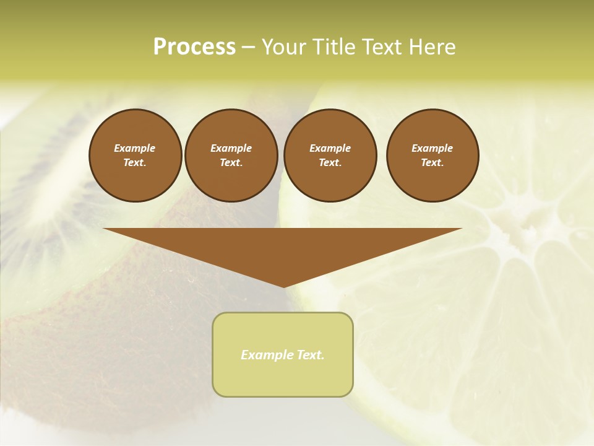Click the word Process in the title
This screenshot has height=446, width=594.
pyautogui.click(x=194, y=46)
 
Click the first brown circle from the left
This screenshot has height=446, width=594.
pyautogui.click(x=135, y=155)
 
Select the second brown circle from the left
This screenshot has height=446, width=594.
pyautogui.click(x=231, y=155)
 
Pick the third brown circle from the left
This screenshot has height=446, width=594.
pyautogui.click(x=330, y=155)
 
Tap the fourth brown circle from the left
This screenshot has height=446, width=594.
pyautogui.click(x=433, y=155)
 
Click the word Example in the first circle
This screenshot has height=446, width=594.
pyautogui.click(x=135, y=148)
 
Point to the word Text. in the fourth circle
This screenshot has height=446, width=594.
pyautogui.click(x=433, y=163)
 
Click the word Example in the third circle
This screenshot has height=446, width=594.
pyautogui.click(x=330, y=148)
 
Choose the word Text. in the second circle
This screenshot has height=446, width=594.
pyautogui.click(x=231, y=163)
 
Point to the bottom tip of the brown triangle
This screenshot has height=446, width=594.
pyautogui.click(x=283, y=286)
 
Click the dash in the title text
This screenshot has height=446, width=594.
pyautogui.click(x=248, y=47)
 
